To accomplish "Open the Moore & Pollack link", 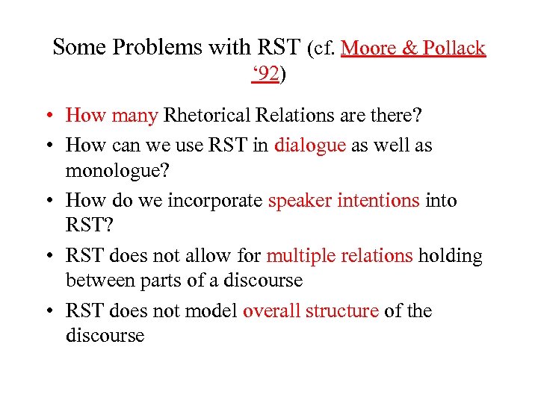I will pyautogui.click(x=413, y=48).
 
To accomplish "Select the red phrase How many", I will pyautogui.click(x=111, y=116).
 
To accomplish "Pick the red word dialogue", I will pyautogui.click(x=310, y=145).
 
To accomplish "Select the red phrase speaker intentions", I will pyautogui.click(x=343, y=201).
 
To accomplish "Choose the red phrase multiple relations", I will pyautogui.click(x=339, y=256).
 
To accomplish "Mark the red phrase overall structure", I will pyautogui.click(x=310, y=311).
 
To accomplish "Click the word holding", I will pyautogui.click(x=450, y=256).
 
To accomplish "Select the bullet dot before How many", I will pyautogui.click(x=47, y=116).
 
